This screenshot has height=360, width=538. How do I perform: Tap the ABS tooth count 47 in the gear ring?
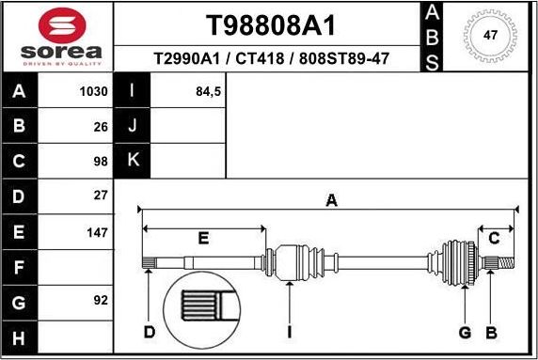click(x=490, y=36)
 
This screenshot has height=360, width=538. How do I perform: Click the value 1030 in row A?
click(x=95, y=92)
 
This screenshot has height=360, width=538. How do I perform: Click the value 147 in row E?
click(x=98, y=231)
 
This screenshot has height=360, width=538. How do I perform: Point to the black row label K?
click(x=133, y=161)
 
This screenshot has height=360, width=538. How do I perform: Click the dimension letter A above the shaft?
click(x=330, y=199)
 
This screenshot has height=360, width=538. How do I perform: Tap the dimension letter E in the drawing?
click(x=202, y=238)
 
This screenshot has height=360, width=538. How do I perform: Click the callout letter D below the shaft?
click(x=150, y=332)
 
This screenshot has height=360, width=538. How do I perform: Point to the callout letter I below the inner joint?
click(x=291, y=332)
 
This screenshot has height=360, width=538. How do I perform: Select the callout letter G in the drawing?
click(x=464, y=332)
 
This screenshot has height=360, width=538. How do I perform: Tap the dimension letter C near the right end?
click(x=494, y=238)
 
